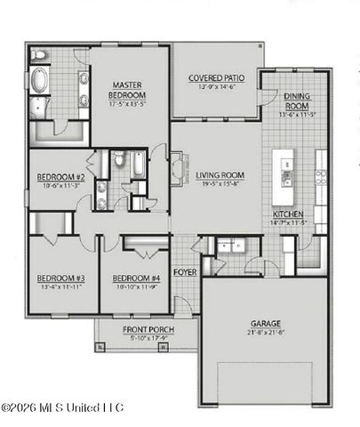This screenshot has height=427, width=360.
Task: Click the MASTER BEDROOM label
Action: click(127, 89)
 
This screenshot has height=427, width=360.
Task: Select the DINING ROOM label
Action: click(297, 101)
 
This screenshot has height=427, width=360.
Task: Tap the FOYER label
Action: click(184, 272)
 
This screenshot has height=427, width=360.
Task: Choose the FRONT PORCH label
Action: click(148, 330)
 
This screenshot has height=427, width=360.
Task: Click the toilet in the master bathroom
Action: click(39, 56)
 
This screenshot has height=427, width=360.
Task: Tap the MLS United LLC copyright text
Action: click(62, 407)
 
